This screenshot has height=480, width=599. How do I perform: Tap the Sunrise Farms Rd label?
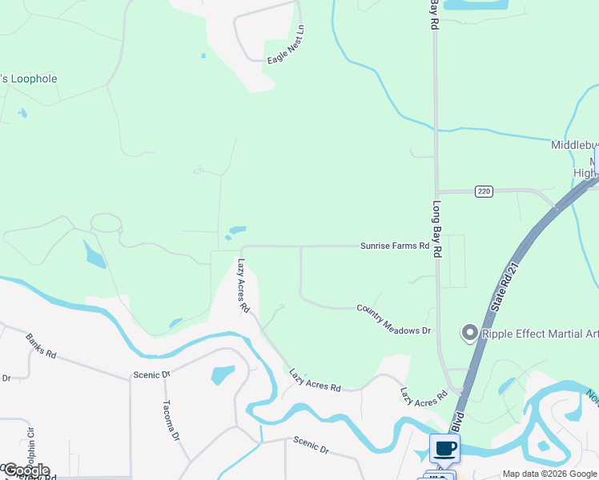pyautogui.click(x=395, y=246)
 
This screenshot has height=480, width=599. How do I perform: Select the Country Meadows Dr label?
pyautogui.click(x=394, y=318)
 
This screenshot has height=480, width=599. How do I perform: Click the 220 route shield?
pyautogui.click(x=483, y=191)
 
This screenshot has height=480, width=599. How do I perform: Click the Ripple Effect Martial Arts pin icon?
pyautogui.click(x=469, y=332)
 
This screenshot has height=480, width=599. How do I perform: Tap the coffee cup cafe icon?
pyautogui.click(x=444, y=448)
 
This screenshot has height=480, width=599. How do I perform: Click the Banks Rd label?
pyautogui.click(x=41, y=346)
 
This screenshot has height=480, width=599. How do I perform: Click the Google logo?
pyautogui.click(x=26, y=470)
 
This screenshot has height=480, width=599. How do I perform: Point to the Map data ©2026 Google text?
pyautogui.click(x=549, y=474)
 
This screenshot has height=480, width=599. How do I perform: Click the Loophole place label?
pyautogui.click(x=29, y=79)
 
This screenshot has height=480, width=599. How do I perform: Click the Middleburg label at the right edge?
pyautogui.click(x=574, y=145)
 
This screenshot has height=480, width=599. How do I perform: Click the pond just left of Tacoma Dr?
pyautogui.click(x=222, y=374)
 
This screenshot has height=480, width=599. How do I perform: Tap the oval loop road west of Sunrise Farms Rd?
pyautogui.click(x=105, y=222)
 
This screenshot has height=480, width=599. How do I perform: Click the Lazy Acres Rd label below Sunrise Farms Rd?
pyautogui.click(x=243, y=284)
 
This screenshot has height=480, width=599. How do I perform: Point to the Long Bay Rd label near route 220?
pyautogui.click(x=437, y=228)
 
